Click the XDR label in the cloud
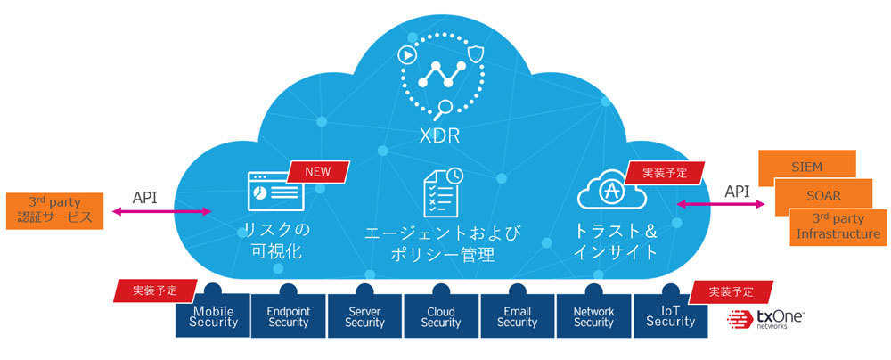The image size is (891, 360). click(x=443, y=136)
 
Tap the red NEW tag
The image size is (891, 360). click(x=318, y=170)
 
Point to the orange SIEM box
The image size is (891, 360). click(x=806, y=166)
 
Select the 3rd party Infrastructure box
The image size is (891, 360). click(x=835, y=226)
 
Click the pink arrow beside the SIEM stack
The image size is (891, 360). click(x=722, y=204)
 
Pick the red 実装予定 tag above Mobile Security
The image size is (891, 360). click(x=153, y=290)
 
